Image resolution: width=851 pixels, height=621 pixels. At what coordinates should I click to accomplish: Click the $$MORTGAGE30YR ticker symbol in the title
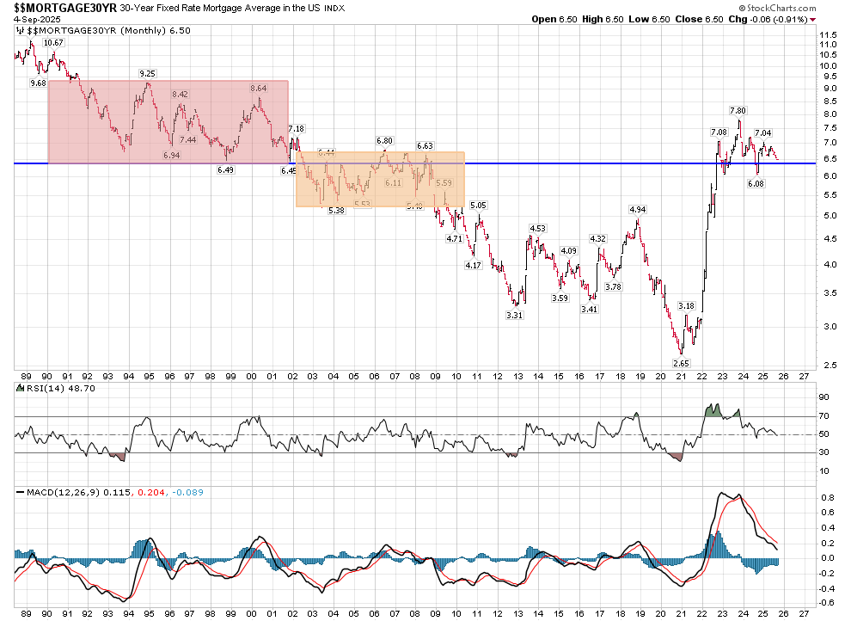click(52, 7)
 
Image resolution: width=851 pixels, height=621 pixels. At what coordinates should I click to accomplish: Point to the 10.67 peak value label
click(53, 42)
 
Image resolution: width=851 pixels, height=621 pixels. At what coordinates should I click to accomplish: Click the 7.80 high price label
click(738, 110)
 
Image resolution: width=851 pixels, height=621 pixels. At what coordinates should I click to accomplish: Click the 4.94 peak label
click(637, 209)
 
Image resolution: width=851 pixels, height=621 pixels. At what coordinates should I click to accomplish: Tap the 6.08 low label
click(756, 183)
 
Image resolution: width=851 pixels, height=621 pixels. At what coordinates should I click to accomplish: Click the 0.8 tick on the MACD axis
click(825, 498)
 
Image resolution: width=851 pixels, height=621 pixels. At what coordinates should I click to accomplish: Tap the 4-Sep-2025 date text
click(34, 19)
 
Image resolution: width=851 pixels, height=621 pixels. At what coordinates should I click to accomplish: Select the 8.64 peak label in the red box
click(259, 88)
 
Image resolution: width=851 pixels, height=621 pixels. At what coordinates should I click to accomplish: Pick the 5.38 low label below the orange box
click(337, 210)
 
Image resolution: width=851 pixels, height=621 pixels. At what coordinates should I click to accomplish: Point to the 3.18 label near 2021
click(686, 305)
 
